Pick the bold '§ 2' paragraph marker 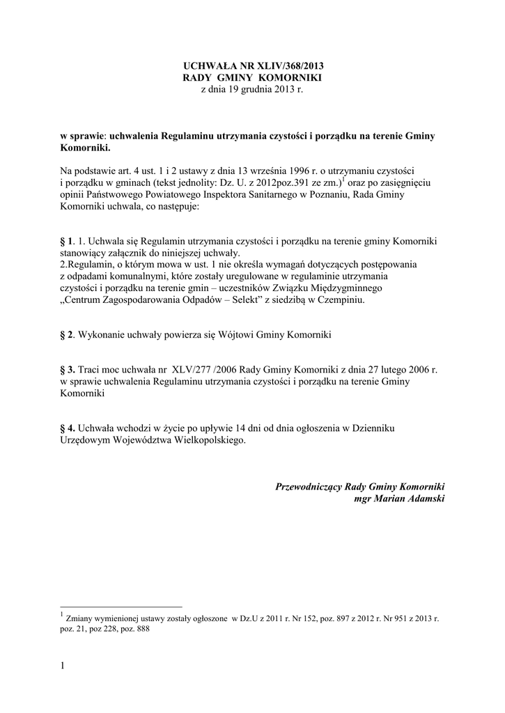click(67, 335)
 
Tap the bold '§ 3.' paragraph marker click(68, 370)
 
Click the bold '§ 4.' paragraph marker click(68, 428)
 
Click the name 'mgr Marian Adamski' click(399, 499)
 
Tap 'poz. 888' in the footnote click(138, 627)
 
